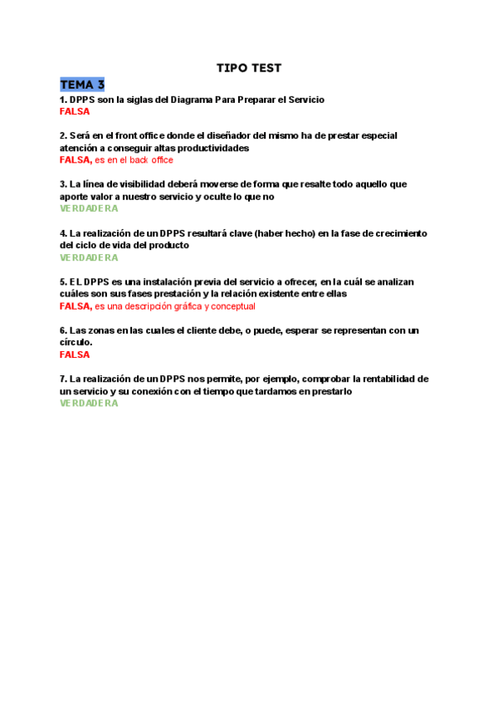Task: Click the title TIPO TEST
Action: click(248, 68)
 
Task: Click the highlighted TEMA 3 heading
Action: click(82, 85)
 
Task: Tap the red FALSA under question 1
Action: click(75, 111)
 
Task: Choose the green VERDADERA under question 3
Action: click(89, 209)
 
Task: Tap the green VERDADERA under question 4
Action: click(89, 258)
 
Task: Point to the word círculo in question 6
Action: click(76, 343)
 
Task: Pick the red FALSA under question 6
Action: click(75, 355)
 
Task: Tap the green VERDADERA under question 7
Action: click(89, 403)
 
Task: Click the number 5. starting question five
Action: click(63, 282)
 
